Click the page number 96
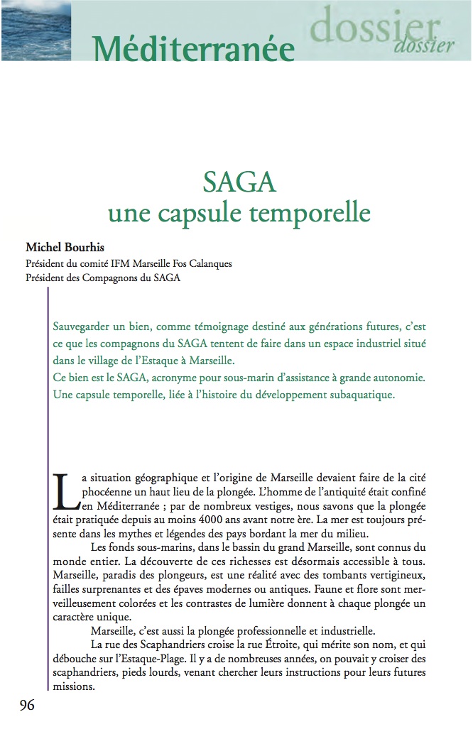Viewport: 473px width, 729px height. coord(26,705)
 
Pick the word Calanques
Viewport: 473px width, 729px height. coord(210,263)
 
